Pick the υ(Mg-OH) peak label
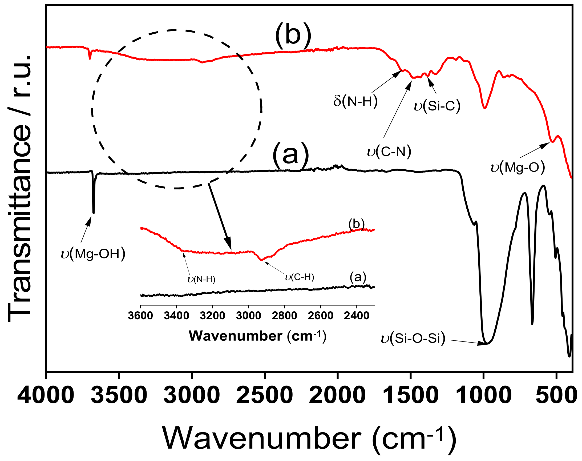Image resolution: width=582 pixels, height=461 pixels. [x=93, y=254]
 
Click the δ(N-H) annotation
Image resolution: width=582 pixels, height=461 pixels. [x=355, y=101]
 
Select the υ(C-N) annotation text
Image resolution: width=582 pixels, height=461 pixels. [x=389, y=152]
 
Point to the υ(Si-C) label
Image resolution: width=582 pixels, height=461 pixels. [x=437, y=106]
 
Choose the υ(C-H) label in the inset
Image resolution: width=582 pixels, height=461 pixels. [x=300, y=277]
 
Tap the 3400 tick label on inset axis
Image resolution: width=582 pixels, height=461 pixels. [x=176, y=316]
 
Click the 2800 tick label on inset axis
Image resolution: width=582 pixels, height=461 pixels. [x=284, y=316]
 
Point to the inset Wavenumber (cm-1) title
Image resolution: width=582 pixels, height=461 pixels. [x=257, y=336]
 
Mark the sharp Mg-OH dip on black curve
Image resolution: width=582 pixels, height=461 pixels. [x=94, y=212]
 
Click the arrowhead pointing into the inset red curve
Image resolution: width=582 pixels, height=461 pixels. [x=229, y=245]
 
